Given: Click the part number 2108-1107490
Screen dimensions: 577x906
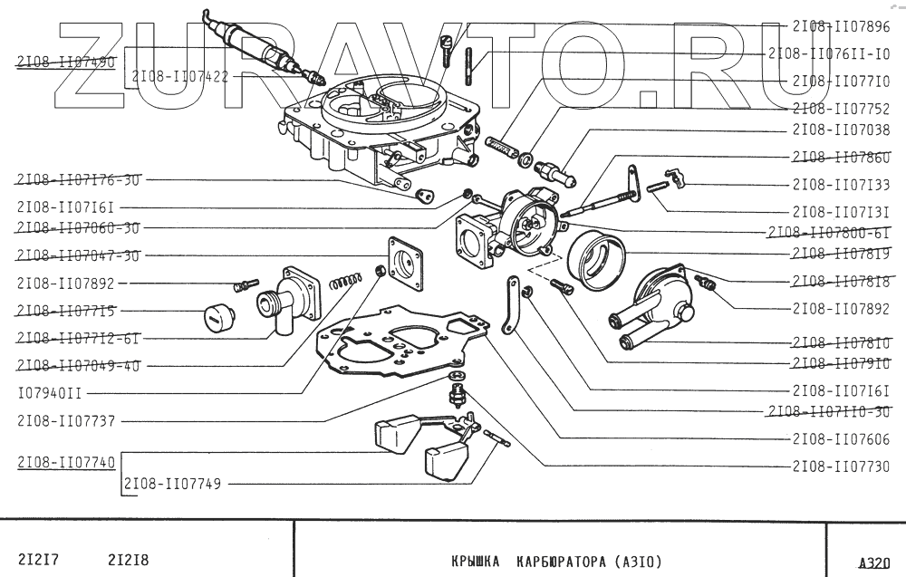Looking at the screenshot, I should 65,62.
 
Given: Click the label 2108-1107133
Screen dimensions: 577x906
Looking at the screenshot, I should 840,184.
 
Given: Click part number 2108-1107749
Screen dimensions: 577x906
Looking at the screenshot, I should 171,484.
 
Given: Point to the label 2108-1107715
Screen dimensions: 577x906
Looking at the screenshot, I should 65,310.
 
